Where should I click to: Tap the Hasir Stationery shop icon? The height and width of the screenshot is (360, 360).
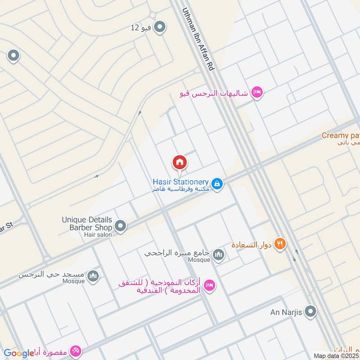(217, 184)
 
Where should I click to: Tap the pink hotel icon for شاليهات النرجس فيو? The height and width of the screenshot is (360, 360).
(257, 93)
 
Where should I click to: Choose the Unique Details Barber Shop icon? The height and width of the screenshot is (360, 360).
(120, 225)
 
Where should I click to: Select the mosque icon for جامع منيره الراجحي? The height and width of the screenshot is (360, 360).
(219, 255)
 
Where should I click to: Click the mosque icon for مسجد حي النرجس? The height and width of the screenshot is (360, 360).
(93, 275)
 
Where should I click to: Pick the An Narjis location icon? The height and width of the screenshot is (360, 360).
(310, 311)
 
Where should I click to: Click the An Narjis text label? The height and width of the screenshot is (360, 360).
(287, 311)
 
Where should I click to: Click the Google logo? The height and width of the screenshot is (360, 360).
(19, 353)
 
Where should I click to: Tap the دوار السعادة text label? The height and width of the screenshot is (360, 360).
(251, 245)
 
